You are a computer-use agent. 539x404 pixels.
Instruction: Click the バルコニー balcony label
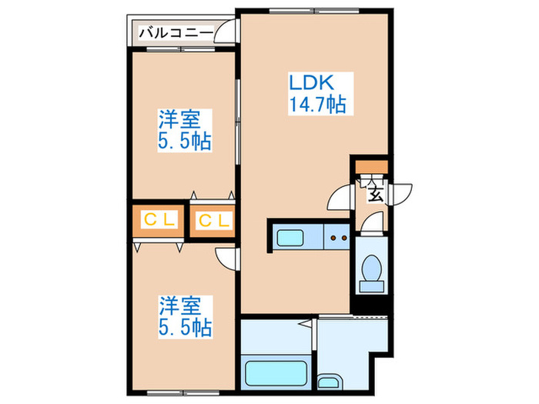(176, 32)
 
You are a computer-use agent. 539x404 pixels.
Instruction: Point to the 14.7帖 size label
(316, 103)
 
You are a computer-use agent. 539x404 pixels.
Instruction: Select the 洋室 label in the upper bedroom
(180, 120)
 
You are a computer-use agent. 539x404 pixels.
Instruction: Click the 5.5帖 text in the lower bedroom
(185, 327)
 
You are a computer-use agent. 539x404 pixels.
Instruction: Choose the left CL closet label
(160, 221)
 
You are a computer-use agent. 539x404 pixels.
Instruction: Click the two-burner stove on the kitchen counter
(336, 238)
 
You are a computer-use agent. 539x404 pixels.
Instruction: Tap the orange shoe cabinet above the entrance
(372, 167)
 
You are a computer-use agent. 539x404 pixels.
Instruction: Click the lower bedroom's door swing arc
(226, 259)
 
